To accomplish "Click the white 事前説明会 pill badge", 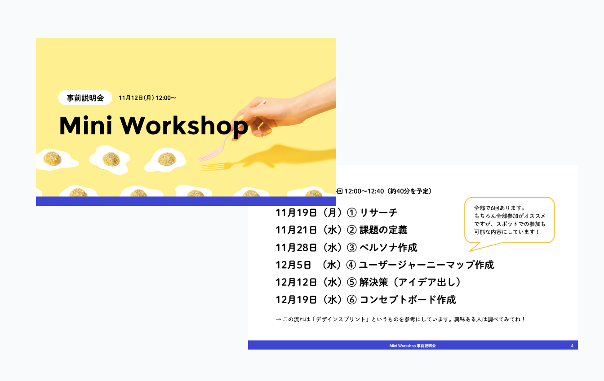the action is pos(85,97).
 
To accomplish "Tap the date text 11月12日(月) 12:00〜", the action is pos(147,98).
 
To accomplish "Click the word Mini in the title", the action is pos(86,125).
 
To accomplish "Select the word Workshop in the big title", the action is pos(184,126).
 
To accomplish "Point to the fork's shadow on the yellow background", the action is pos(216,166).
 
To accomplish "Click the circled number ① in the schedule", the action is pos(351,213).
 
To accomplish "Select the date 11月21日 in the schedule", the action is pos(296,230).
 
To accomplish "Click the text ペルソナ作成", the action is pos(389,248).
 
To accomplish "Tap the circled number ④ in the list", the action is pos(351,265).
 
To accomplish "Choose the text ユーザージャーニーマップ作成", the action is pos(426,265).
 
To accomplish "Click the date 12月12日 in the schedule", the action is pos(296,282).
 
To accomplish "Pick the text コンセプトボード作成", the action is pos(408,300).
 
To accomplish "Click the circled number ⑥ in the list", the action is pos(351,300).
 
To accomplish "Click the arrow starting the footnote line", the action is pos(278,319).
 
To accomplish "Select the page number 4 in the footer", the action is pos(572,346).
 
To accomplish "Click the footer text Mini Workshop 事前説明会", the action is pos(412,346).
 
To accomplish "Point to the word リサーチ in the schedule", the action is pos(379,213).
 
